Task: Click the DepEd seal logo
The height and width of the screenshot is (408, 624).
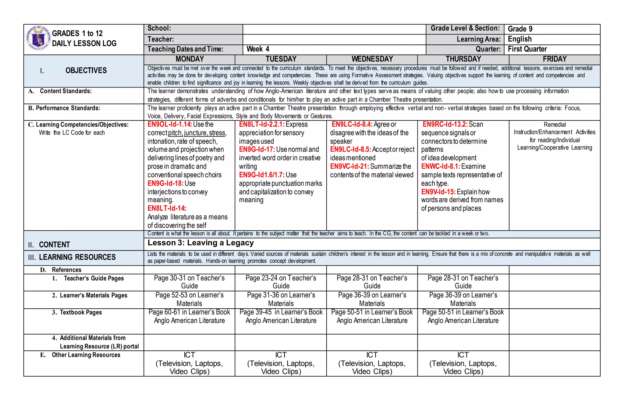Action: click(x=38, y=38)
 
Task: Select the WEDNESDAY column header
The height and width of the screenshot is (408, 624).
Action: click(x=372, y=59)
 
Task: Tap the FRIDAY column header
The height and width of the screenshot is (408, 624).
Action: click(x=555, y=59)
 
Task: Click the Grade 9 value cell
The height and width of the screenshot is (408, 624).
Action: click(x=520, y=29)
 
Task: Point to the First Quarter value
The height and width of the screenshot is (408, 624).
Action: click(x=527, y=49)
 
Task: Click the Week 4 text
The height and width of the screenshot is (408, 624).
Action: click(x=258, y=49)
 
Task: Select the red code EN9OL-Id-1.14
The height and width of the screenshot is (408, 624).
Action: click(x=170, y=125)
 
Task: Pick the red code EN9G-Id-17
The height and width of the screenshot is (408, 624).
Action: click(x=257, y=150)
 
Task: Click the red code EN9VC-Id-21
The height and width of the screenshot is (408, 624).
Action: click(x=349, y=166)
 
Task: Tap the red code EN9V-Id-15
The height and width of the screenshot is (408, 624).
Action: click(x=438, y=192)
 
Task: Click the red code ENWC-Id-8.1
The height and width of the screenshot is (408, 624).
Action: click(x=441, y=166)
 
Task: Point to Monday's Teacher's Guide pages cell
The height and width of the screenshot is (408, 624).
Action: click(x=189, y=282)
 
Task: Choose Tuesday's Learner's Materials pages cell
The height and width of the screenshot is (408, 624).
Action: click(x=281, y=299)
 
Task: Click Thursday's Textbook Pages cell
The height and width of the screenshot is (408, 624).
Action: click(x=463, y=317)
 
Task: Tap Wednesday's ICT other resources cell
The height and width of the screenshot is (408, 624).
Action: click(x=372, y=363)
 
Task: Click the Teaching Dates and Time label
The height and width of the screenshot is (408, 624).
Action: click(x=185, y=49)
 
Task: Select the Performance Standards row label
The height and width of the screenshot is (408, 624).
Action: click(x=64, y=108)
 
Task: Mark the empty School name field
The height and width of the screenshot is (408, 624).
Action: click(x=334, y=29)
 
